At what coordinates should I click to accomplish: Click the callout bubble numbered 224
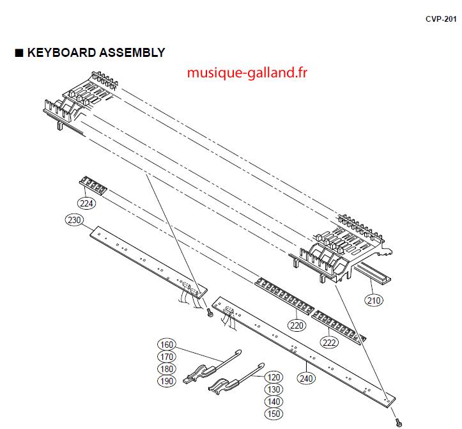tap(86, 203)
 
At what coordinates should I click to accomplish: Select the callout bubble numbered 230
tap(74, 220)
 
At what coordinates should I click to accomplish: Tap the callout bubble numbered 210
tap(374, 300)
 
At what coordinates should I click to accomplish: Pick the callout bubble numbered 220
tap(296, 325)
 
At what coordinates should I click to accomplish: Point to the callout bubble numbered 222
tap(329, 342)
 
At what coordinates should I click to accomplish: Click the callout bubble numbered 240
tap(306, 378)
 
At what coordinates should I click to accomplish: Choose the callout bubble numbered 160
tap(167, 345)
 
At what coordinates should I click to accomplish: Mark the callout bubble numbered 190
tap(167, 381)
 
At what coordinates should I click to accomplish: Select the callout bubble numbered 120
tap(273, 377)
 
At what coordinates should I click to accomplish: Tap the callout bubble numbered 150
tap(273, 414)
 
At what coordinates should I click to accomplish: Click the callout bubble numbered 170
tap(167, 357)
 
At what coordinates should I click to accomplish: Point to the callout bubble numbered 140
tap(273, 402)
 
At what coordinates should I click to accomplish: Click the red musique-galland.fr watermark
tap(247, 72)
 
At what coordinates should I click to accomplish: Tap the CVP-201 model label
tap(441, 19)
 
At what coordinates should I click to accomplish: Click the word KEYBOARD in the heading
tap(61, 53)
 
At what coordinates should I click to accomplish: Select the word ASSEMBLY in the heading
tap(132, 53)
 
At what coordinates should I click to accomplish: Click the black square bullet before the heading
tap(19, 53)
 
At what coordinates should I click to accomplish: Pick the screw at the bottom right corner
tap(399, 422)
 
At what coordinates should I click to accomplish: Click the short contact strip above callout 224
tap(93, 185)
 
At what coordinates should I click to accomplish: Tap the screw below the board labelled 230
tap(210, 313)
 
